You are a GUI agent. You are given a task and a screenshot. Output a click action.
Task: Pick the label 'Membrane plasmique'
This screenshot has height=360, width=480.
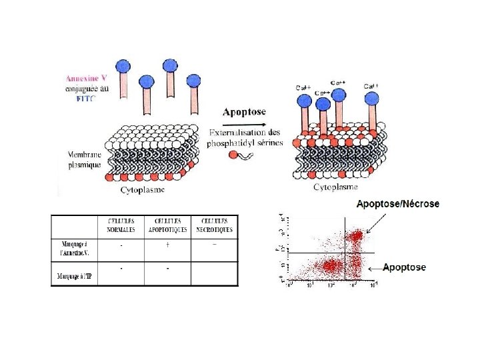85,159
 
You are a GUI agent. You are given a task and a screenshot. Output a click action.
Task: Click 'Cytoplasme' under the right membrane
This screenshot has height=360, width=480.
337,187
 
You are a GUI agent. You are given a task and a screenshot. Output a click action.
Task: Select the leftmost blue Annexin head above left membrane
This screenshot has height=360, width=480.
122,66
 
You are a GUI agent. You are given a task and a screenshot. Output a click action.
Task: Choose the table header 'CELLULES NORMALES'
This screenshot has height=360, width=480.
121,225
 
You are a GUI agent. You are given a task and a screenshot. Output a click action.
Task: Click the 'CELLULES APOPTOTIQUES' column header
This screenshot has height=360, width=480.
167,225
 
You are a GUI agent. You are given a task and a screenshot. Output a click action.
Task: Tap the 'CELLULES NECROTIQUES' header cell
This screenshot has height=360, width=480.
214,225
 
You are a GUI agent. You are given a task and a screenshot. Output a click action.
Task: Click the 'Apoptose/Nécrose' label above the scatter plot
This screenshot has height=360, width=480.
398,204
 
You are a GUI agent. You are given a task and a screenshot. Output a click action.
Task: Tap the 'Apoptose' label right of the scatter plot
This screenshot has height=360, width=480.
405,267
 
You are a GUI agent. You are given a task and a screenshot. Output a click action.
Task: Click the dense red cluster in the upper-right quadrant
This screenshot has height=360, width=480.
355,237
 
